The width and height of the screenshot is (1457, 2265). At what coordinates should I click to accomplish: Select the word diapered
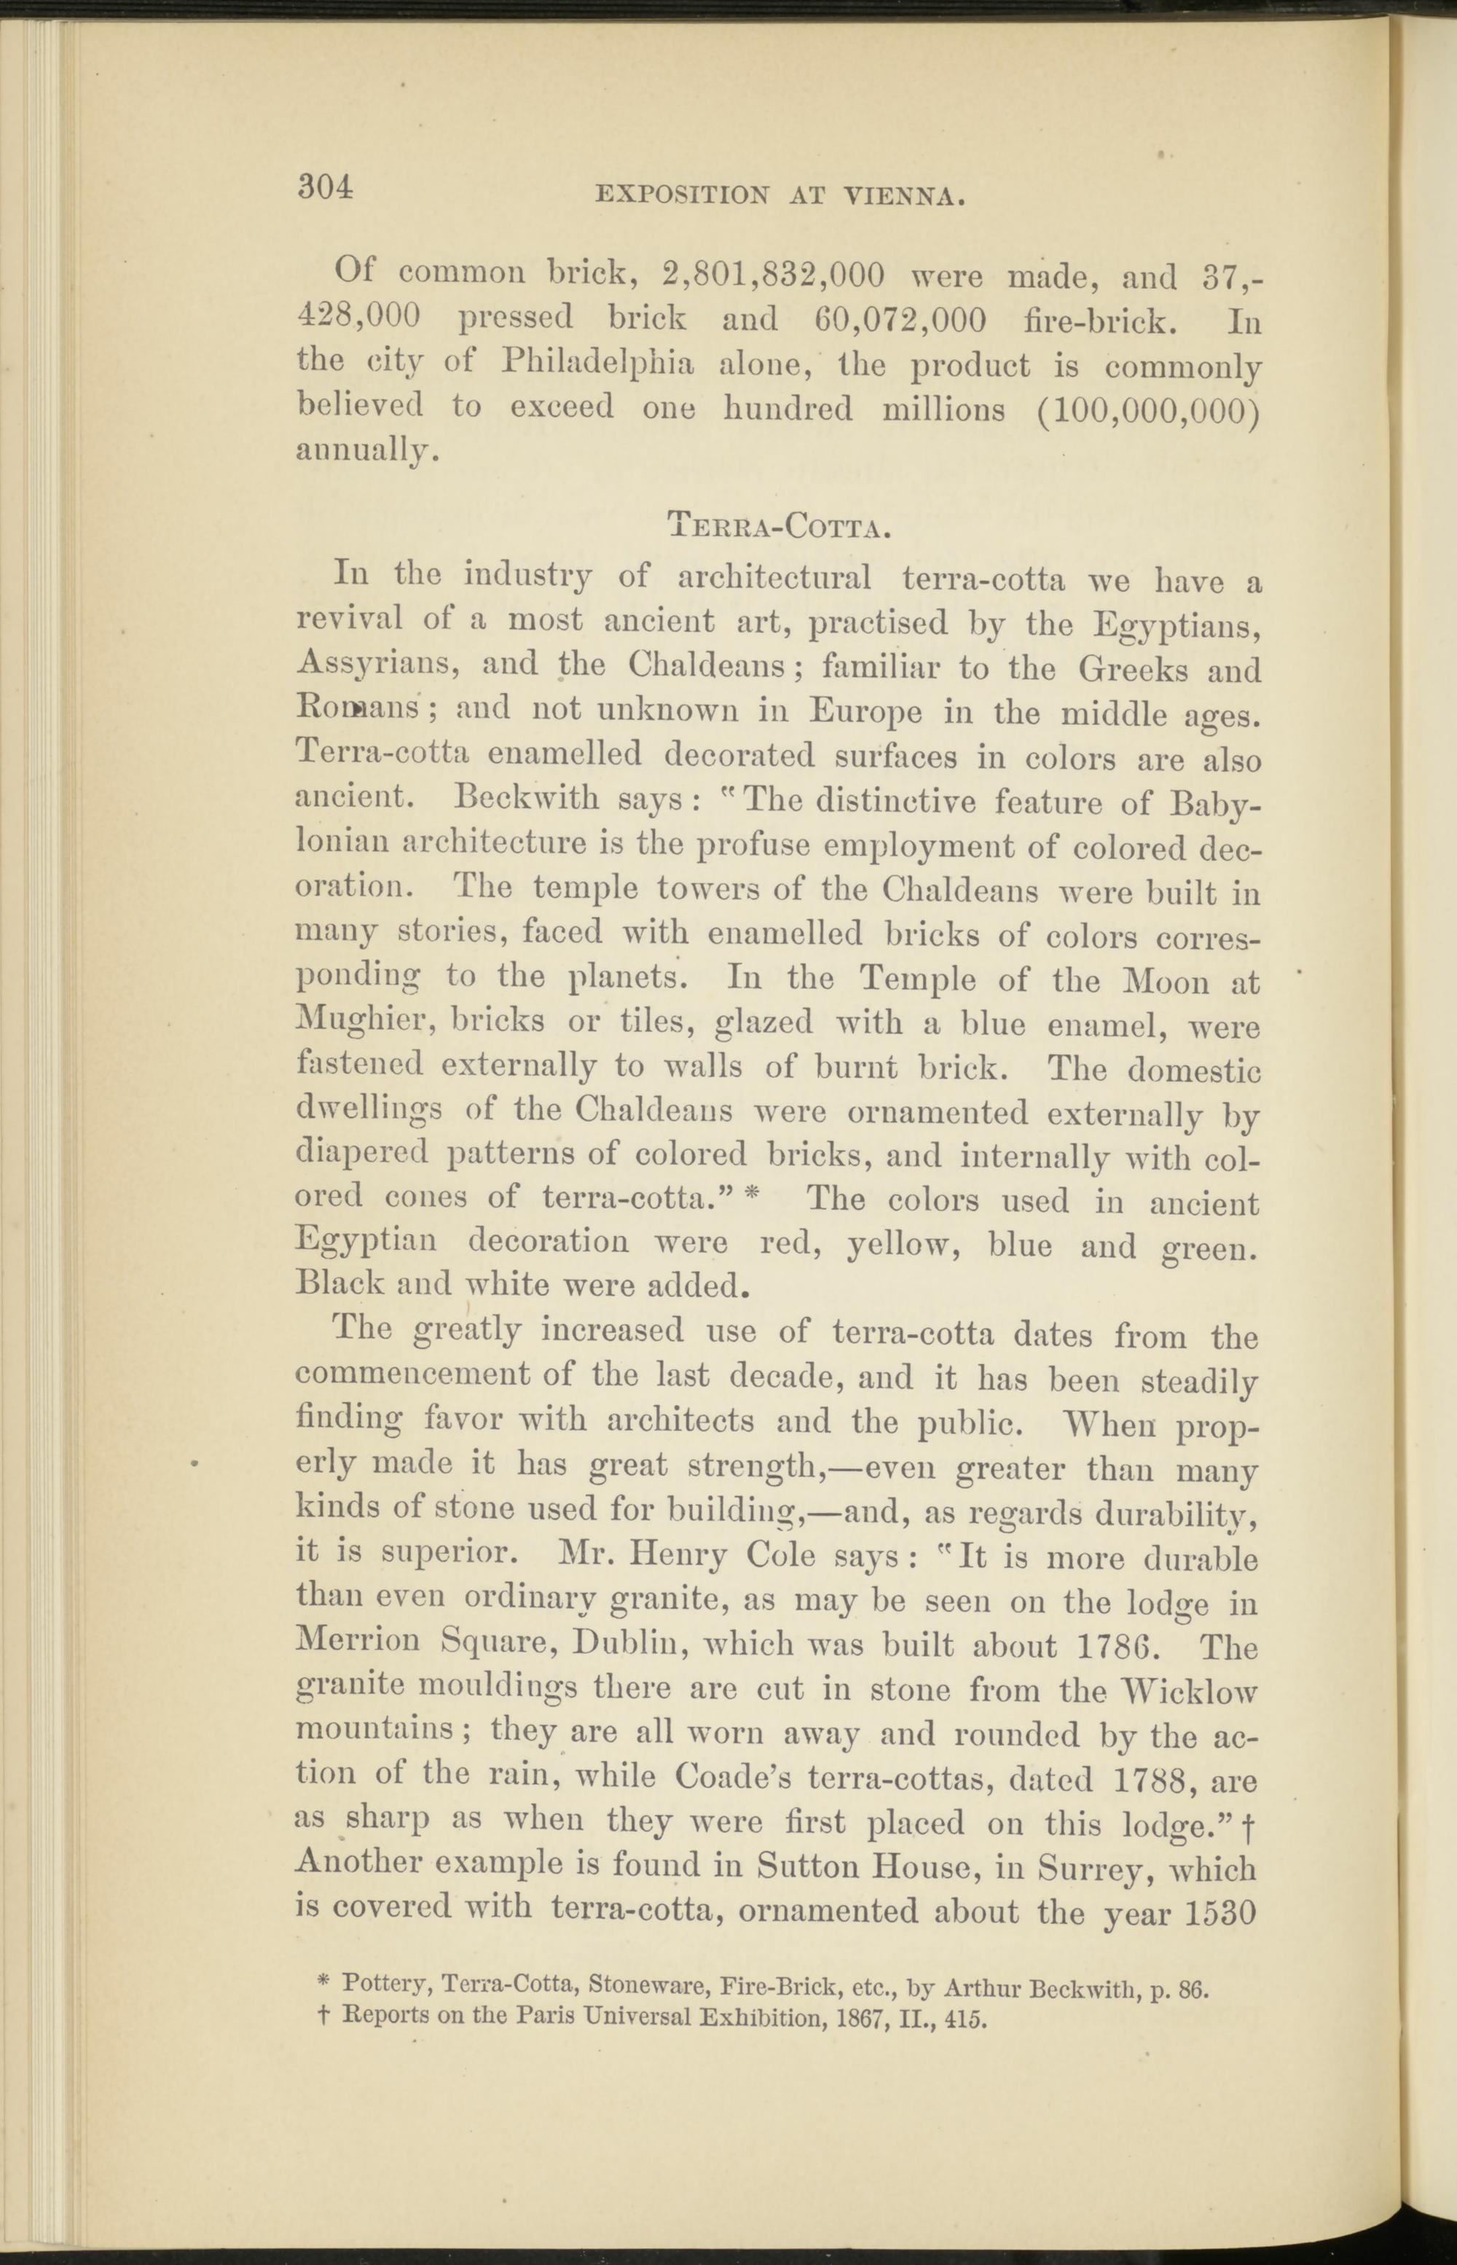pos(361,1154)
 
